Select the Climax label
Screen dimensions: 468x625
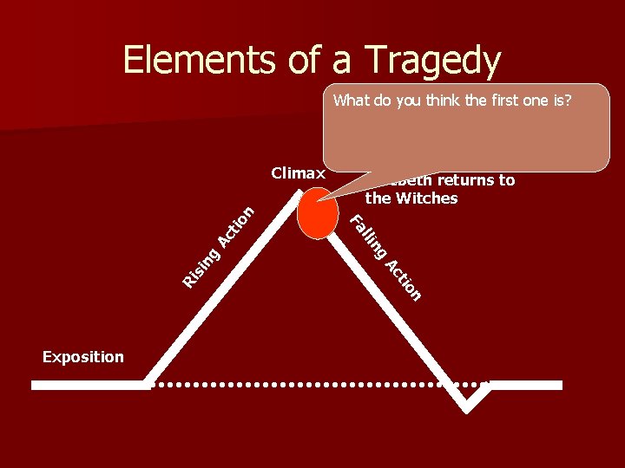tap(298, 173)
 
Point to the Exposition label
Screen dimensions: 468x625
tap(82, 357)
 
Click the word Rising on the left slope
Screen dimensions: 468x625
tap(201, 267)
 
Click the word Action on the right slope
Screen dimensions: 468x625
tap(404, 281)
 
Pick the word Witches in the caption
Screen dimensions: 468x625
tap(424, 198)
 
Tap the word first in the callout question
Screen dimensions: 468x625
tap(494, 100)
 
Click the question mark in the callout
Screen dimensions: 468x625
tap(568, 100)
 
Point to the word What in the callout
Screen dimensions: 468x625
tap(352, 100)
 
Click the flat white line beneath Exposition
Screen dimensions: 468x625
tap(90, 385)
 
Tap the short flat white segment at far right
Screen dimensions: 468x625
tap(530, 384)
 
